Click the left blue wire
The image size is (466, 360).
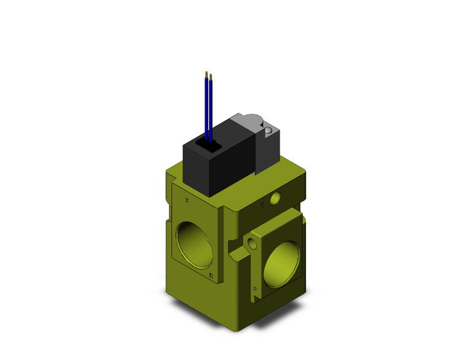click(206, 107)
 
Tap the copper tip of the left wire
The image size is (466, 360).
click(205, 73)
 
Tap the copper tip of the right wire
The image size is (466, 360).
click(211, 77)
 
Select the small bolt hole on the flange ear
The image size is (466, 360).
click(252, 243)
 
